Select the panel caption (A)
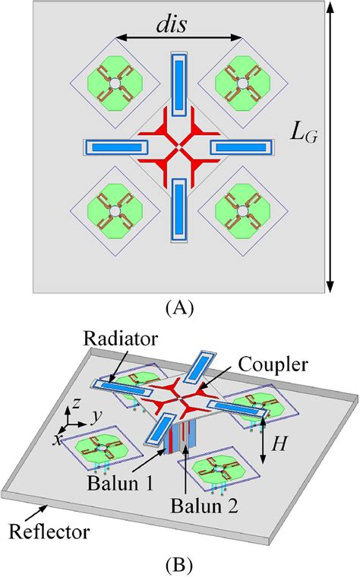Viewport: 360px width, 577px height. coord(180,308)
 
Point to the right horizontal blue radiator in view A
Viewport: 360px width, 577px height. coord(243,146)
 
